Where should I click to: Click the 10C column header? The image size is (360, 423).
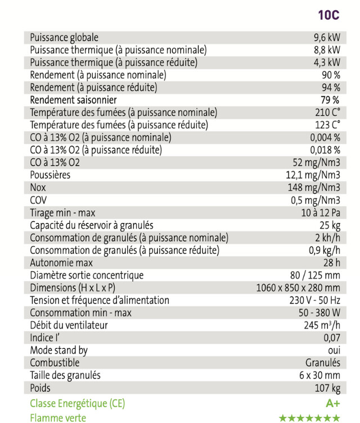point(329,15)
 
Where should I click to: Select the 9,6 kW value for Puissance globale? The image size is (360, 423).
point(327,38)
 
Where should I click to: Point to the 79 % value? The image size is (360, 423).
point(330,100)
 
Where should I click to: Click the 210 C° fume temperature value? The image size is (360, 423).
point(328,112)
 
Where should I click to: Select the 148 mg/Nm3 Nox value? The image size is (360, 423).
point(314,187)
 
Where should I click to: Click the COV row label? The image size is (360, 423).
point(38,200)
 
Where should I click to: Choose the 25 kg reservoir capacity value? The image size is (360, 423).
point(329,225)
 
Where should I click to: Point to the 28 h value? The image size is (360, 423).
point(331,263)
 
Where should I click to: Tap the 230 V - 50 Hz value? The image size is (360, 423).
point(310,300)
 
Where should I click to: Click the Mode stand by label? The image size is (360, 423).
point(58,350)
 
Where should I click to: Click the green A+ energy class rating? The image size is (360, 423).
point(332,403)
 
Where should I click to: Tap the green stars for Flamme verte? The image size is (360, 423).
point(310,418)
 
